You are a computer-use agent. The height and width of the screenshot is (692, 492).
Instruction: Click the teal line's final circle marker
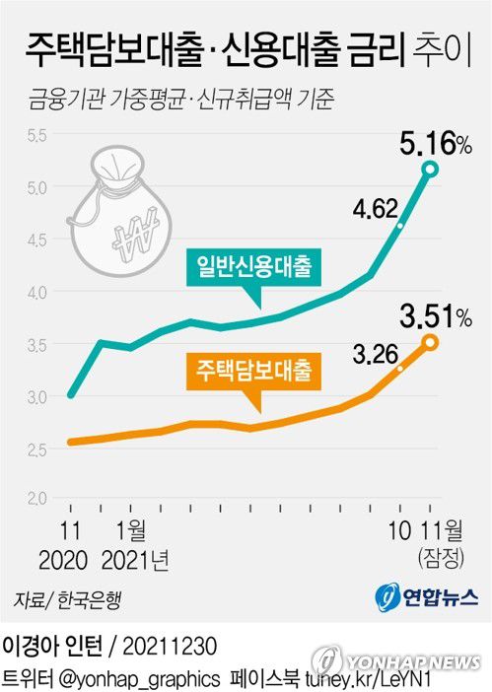point(430,170)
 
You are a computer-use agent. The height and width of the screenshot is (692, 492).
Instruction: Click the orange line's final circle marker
point(430,342)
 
